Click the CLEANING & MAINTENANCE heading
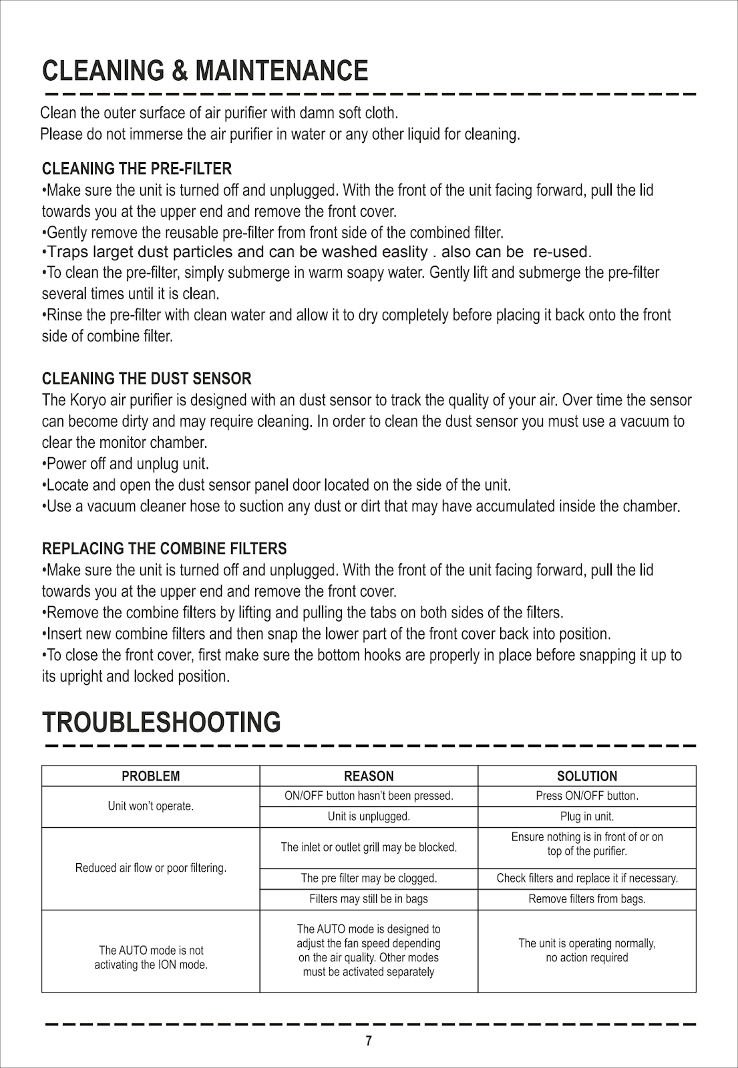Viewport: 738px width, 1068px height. [204, 71]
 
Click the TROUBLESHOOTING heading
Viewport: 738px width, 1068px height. [161, 722]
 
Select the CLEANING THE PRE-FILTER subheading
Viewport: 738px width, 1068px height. [137, 168]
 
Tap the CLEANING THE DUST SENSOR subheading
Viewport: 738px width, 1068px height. [146, 378]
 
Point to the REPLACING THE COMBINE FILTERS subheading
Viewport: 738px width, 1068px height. [164, 549]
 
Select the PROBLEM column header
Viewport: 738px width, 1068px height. [150, 776]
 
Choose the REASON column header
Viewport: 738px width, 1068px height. [369, 776]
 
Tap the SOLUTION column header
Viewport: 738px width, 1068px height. [587, 776]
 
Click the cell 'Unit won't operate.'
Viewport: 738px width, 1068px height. [151, 806]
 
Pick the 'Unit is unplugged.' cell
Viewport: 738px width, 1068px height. [369, 816]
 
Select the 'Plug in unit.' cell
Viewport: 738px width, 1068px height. [587, 816]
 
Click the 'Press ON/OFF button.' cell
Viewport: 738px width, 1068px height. [587, 796]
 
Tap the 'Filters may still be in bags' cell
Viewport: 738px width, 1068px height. [369, 898]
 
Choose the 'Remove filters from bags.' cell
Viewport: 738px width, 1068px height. [587, 898]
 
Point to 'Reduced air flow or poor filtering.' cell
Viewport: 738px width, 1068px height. [151, 868]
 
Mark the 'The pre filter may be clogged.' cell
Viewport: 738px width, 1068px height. [369, 878]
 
